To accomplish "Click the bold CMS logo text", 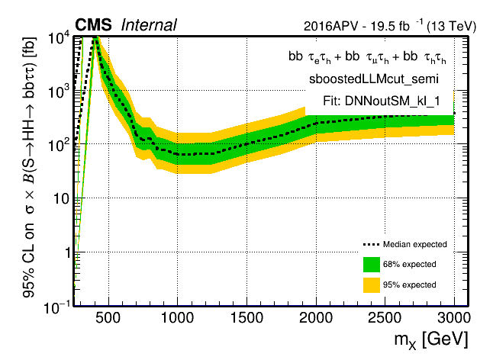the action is [x=93, y=25].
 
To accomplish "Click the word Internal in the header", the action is [x=149, y=25].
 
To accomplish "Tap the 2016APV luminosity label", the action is [x=390, y=26].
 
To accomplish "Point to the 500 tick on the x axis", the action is [x=108, y=317].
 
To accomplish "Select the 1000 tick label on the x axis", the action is [x=177, y=317].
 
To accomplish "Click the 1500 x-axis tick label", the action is [x=246, y=317].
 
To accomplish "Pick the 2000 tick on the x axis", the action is [x=316, y=317].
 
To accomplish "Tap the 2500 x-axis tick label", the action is [x=385, y=317].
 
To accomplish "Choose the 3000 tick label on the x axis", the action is [x=454, y=317].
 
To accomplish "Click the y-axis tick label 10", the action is [x=62, y=198].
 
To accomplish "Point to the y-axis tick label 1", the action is [x=67, y=252].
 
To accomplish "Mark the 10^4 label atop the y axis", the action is [x=60, y=38].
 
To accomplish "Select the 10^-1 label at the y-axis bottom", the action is [x=57, y=308].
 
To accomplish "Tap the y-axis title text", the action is [x=29, y=168].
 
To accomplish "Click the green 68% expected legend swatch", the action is [x=372, y=265].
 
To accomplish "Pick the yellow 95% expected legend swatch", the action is [x=372, y=285].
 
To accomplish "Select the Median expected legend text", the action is [x=414, y=244].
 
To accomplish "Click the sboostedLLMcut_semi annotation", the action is [x=374, y=79].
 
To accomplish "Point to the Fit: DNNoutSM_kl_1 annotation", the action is [x=382, y=101].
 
